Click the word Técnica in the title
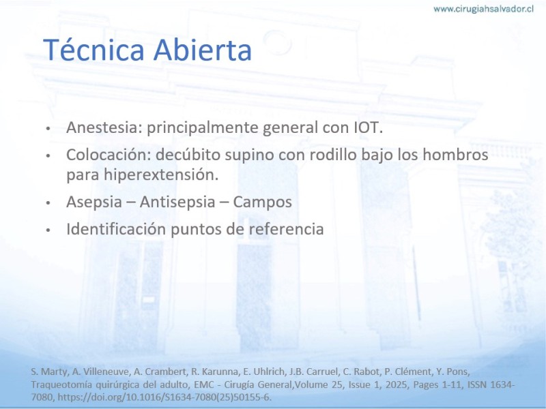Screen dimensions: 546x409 click(x=94, y=49)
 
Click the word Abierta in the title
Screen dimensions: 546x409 click(x=202, y=49)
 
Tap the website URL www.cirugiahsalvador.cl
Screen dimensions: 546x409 click(x=483, y=9)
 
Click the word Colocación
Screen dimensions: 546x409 click(x=109, y=155)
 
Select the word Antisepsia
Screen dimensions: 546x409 click(x=177, y=202)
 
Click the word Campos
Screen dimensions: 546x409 click(x=262, y=202)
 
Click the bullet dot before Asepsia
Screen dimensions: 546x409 click(x=48, y=202)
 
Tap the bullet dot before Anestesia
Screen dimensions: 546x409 click(x=48, y=128)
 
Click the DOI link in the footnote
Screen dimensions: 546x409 click(x=164, y=397)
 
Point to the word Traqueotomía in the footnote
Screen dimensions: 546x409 click(x=61, y=384)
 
